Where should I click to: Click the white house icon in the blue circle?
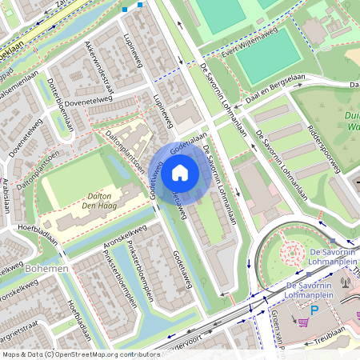pos(180,172)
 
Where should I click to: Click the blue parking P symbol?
pos(314,310)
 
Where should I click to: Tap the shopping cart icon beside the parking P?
pos(303,322)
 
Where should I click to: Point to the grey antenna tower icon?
pos(346,282)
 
